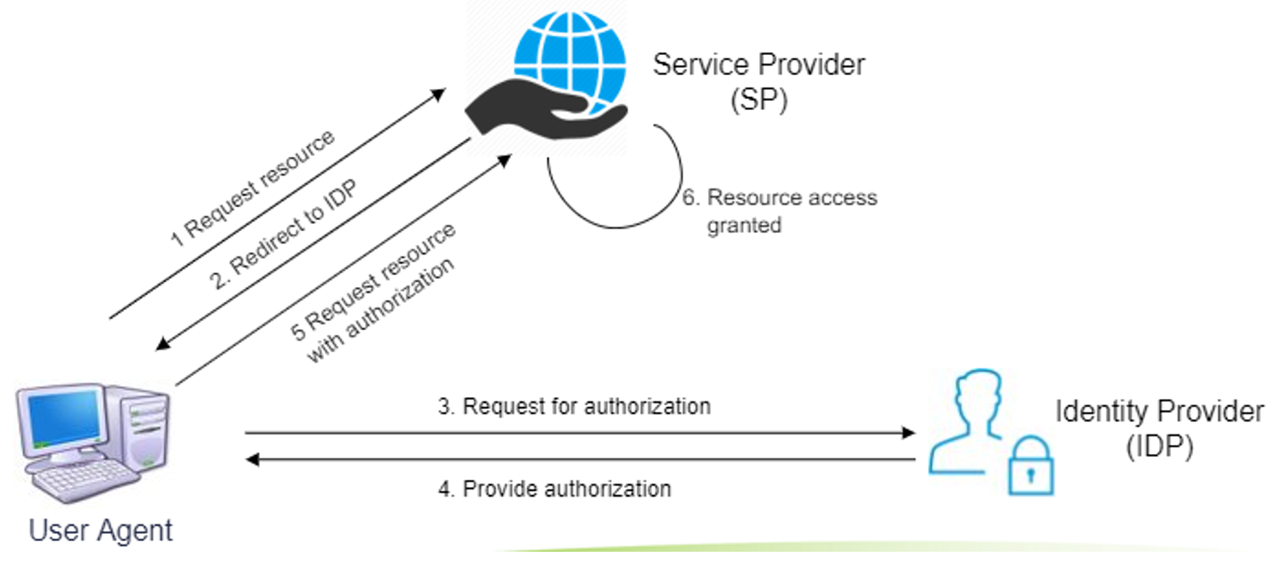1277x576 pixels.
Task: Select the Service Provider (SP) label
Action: coord(758,81)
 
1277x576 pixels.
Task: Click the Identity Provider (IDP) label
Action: coord(1158,427)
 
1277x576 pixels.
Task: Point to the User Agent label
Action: coord(100,531)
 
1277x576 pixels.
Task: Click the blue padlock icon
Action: coord(1030,468)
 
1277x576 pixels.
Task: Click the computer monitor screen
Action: coord(65,417)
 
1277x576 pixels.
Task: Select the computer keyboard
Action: coord(85,481)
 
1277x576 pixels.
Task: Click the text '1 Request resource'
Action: coord(252,188)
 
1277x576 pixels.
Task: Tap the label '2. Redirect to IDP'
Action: coord(283,235)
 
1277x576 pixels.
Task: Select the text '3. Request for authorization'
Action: coord(574,406)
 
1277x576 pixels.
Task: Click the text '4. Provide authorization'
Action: coord(554,489)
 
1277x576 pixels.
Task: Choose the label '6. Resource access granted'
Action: coord(778,210)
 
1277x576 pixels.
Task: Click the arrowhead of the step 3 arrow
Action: coord(908,433)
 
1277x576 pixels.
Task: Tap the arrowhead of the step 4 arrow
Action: coord(252,460)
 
